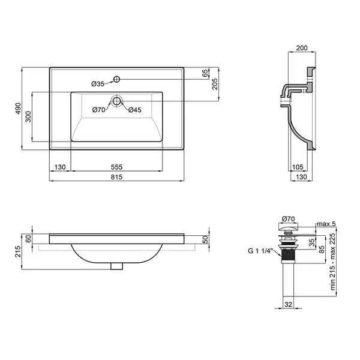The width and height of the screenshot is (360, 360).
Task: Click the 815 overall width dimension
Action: (116, 177)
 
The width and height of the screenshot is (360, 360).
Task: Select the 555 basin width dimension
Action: (116, 167)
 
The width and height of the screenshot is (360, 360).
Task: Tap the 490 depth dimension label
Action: (18, 109)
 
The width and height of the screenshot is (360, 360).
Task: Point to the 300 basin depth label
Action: (28, 116)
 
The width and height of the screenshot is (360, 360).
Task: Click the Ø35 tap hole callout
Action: (98, 84)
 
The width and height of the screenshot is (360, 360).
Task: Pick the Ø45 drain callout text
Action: (135, 110)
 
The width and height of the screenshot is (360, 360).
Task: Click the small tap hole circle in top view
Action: (116, 79)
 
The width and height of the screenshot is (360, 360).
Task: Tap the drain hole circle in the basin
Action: (116, 101)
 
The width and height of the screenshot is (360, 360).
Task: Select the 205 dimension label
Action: (214, 84)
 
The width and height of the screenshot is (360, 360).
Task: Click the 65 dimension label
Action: (205, 73)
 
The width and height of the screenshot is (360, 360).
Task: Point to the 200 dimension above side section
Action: (302, 48)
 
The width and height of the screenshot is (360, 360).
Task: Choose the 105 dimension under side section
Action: (298, 167)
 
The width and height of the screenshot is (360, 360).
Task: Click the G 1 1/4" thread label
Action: (260, 251)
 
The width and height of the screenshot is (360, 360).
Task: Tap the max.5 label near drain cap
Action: (326, 224)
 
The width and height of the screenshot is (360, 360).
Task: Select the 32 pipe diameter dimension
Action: (289, 304)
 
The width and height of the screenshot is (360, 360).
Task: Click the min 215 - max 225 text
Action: (332, 262)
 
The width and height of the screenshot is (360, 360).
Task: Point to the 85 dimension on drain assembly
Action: (322, 250)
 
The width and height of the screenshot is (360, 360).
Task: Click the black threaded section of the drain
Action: (289, 256)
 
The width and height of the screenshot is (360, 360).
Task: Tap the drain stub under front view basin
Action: (116, 266)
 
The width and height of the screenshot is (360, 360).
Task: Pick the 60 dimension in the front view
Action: (28, 239)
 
